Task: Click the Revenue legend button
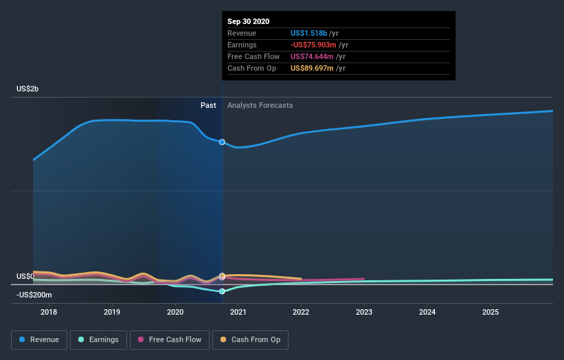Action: pyautogui.click(x=39, y=339)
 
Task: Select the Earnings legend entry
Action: pyautogui.click(x=99, y=339)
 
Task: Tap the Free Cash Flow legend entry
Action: pyautogui.click(x=170, y=339)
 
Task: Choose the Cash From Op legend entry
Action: pyautogui.click(x=251, y=339)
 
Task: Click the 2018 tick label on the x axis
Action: pyautogui.click(x=49, y=312)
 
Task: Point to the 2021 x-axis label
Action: pyautogui.click(x=238, y=312)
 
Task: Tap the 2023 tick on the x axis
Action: pyautogui.click(x=364, y=312)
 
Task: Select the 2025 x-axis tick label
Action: pyautogui.click(x=490, y=312)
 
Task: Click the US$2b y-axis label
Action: pyautogui.click(x=28, y=89)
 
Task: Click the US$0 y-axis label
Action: pyautogui.click(x=25, y=276)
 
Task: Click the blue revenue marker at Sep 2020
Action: pyautogui.click(x=222, y=142)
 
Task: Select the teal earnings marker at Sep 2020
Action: pyautogui.click(x=222, y=291)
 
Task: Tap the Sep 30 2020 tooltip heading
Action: pyautogui.click(x=249, y=21)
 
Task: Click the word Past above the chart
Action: pyautogui.click(x=208, y=105)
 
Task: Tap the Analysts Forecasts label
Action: pyautogui.click(x=260, y=105)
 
